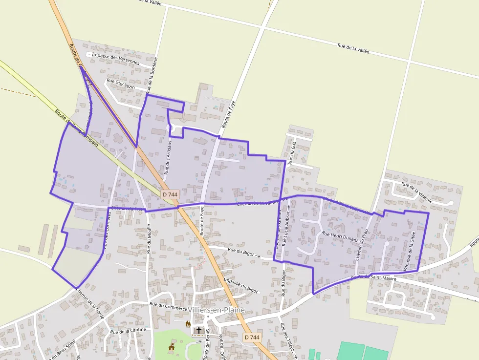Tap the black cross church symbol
[198, 330]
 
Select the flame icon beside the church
[188, 324]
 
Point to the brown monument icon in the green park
[171, 347]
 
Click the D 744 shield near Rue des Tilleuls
[252, 338]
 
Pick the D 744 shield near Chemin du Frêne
[170, 194]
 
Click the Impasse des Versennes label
[115, 59]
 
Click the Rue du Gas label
[293, 153]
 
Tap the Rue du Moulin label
[149, 238]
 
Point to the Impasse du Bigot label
[240, 285]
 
